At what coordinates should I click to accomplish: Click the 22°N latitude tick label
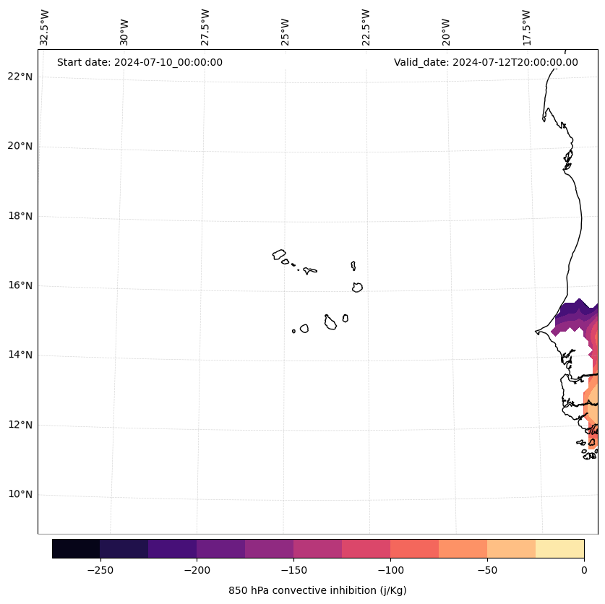[x=20, y=77]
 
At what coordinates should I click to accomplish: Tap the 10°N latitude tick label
[x=20, y=494]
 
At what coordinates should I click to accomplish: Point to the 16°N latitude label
[x=20, y=285]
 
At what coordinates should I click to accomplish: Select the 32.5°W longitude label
[x=44, y=27]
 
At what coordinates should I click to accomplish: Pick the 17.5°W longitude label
[x=526, y=27]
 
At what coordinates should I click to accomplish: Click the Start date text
[x=140, y=62]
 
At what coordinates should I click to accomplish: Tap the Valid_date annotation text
[x=486, y=62]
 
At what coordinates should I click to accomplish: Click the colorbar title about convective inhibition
[x=317, y=590]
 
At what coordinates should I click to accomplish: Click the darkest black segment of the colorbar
[x=76, y=548]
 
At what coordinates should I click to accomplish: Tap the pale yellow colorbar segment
[x=559, y=548]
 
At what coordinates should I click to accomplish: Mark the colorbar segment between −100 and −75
[x=414, y=548]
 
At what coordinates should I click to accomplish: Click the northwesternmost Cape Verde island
[x=279, y=254]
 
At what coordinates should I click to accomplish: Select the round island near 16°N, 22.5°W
[x=357, y=288]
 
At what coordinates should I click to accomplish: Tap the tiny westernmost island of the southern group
[x=293, y=331]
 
